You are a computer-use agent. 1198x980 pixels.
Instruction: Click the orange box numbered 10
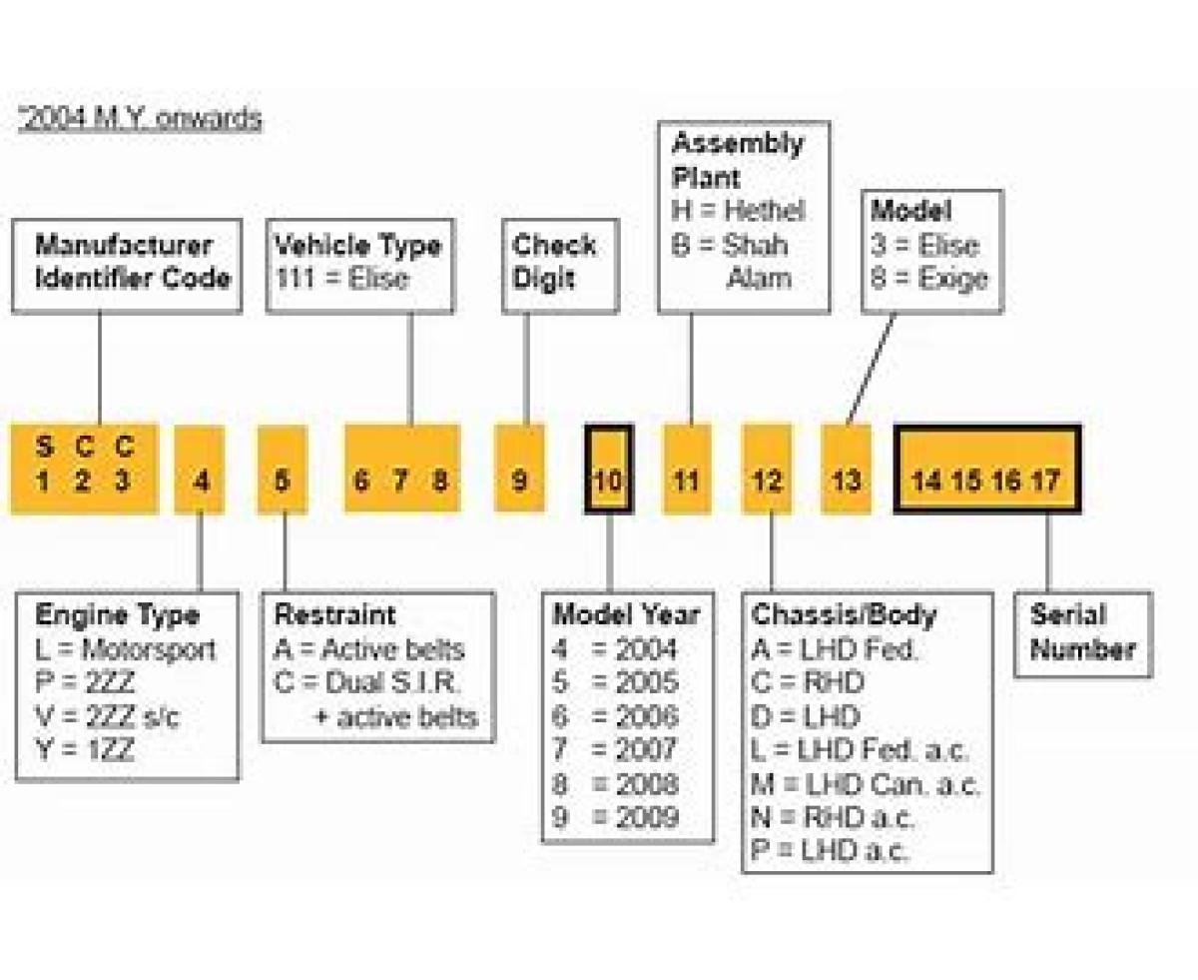tap(608, 470)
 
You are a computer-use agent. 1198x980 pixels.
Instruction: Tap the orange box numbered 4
tap(201, 470)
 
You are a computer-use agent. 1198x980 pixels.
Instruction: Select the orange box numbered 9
tap(520, 470)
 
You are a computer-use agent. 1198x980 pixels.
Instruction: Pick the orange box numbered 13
tap(846, 470)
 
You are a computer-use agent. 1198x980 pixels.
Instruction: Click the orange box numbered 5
tap(283, 470)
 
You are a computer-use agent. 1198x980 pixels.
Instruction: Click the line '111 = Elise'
tap(342, 278)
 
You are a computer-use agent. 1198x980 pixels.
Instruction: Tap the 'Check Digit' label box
tap(557, 262)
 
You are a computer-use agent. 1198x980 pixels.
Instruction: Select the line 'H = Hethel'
tap(738, 211)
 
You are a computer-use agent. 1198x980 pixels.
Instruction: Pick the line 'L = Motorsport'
tap(125, 650)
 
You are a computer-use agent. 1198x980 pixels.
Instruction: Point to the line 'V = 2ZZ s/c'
tap(108, 717)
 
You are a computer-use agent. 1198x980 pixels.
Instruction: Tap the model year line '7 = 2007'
tap(615, 749)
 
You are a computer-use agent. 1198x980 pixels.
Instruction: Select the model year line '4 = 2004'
tap(615, 649)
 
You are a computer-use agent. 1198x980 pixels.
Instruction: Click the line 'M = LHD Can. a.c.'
tap(865, 784)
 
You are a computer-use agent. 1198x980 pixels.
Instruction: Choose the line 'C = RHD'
tap(808, 683)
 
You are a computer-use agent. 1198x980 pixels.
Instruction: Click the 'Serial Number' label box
tap(1082, 632)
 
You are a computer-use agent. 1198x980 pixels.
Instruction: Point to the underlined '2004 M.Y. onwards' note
tap(140, 119)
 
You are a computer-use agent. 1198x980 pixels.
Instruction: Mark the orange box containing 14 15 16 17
tap(985, 470)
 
